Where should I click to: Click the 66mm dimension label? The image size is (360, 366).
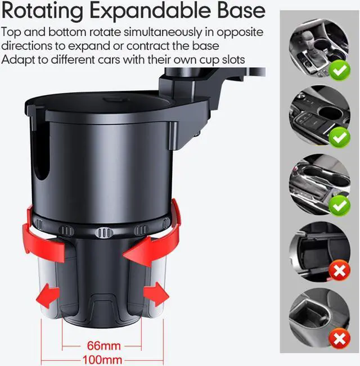pyautogui.click(x=104, y=346)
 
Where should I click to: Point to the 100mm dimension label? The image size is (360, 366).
pyautogui.click(x=102, y=360)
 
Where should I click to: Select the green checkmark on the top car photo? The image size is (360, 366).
pyautogui.click(x=340, y=70)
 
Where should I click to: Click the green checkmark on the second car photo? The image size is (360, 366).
pyautogui.click(x=340, y=138)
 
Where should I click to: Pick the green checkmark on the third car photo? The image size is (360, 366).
pyautogui.click(x=340, y=205)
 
